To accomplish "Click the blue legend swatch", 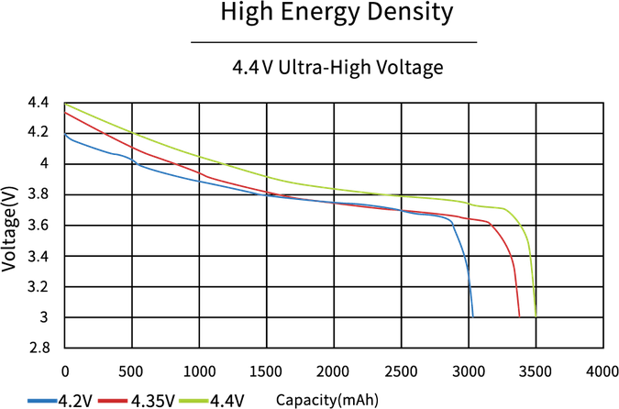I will [42, 400].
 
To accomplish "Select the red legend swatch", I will [112, 400].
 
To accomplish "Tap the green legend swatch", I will [193, 400].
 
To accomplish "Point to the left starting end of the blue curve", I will [65, 134].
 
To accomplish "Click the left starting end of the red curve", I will [65, 113].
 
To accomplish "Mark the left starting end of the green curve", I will [65, 105].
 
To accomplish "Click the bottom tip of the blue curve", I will [473, 315].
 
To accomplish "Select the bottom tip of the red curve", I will [519, 315].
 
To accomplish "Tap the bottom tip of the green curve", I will [535, 315].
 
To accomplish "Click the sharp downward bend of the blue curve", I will [453, 223].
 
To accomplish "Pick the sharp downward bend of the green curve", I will [515, 216].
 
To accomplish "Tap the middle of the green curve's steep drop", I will [530, 266].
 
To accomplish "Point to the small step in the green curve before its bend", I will [468, 202].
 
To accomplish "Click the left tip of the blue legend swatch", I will [28, 400].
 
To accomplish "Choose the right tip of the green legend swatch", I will [208, 400].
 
